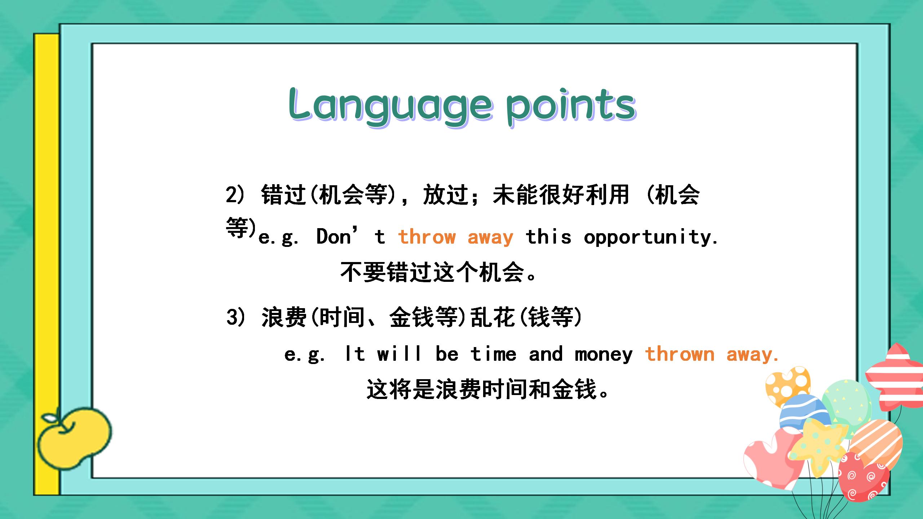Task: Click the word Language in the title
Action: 390,106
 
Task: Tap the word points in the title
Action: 570,106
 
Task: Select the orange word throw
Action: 427,237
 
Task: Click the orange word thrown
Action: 680,354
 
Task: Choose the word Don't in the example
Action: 350,236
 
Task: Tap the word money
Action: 604,355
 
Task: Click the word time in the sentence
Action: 493,354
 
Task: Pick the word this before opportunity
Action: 548,237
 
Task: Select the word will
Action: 399,353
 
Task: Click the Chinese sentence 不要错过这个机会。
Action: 439,272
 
